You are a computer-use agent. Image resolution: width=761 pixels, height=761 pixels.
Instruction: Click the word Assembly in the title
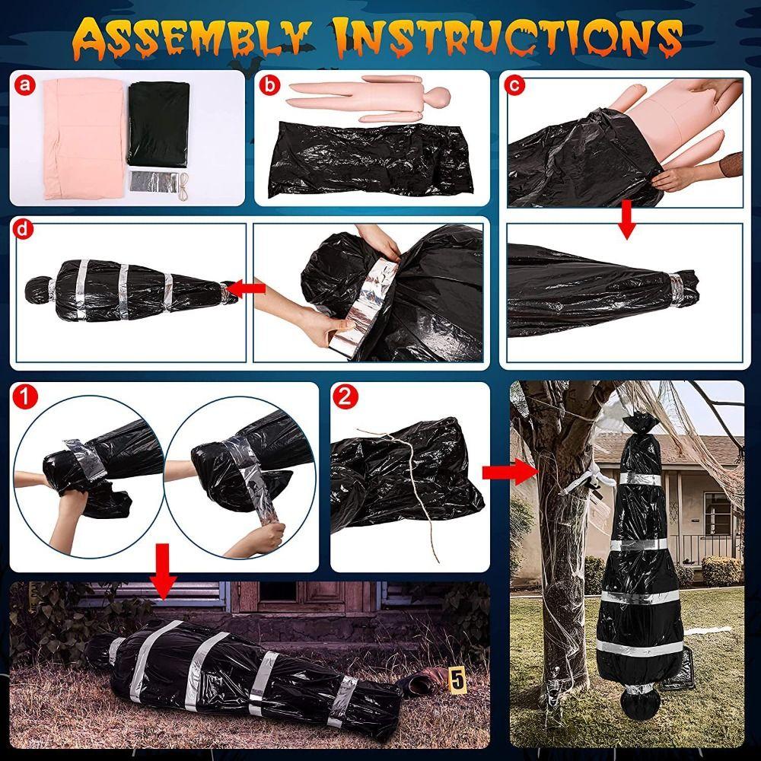point(198,35)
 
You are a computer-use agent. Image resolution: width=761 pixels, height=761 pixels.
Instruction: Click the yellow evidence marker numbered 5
point(457,674)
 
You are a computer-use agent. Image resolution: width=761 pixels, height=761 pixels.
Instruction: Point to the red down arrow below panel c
point(626,220)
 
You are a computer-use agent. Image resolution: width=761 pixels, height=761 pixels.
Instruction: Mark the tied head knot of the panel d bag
point(37,288)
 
